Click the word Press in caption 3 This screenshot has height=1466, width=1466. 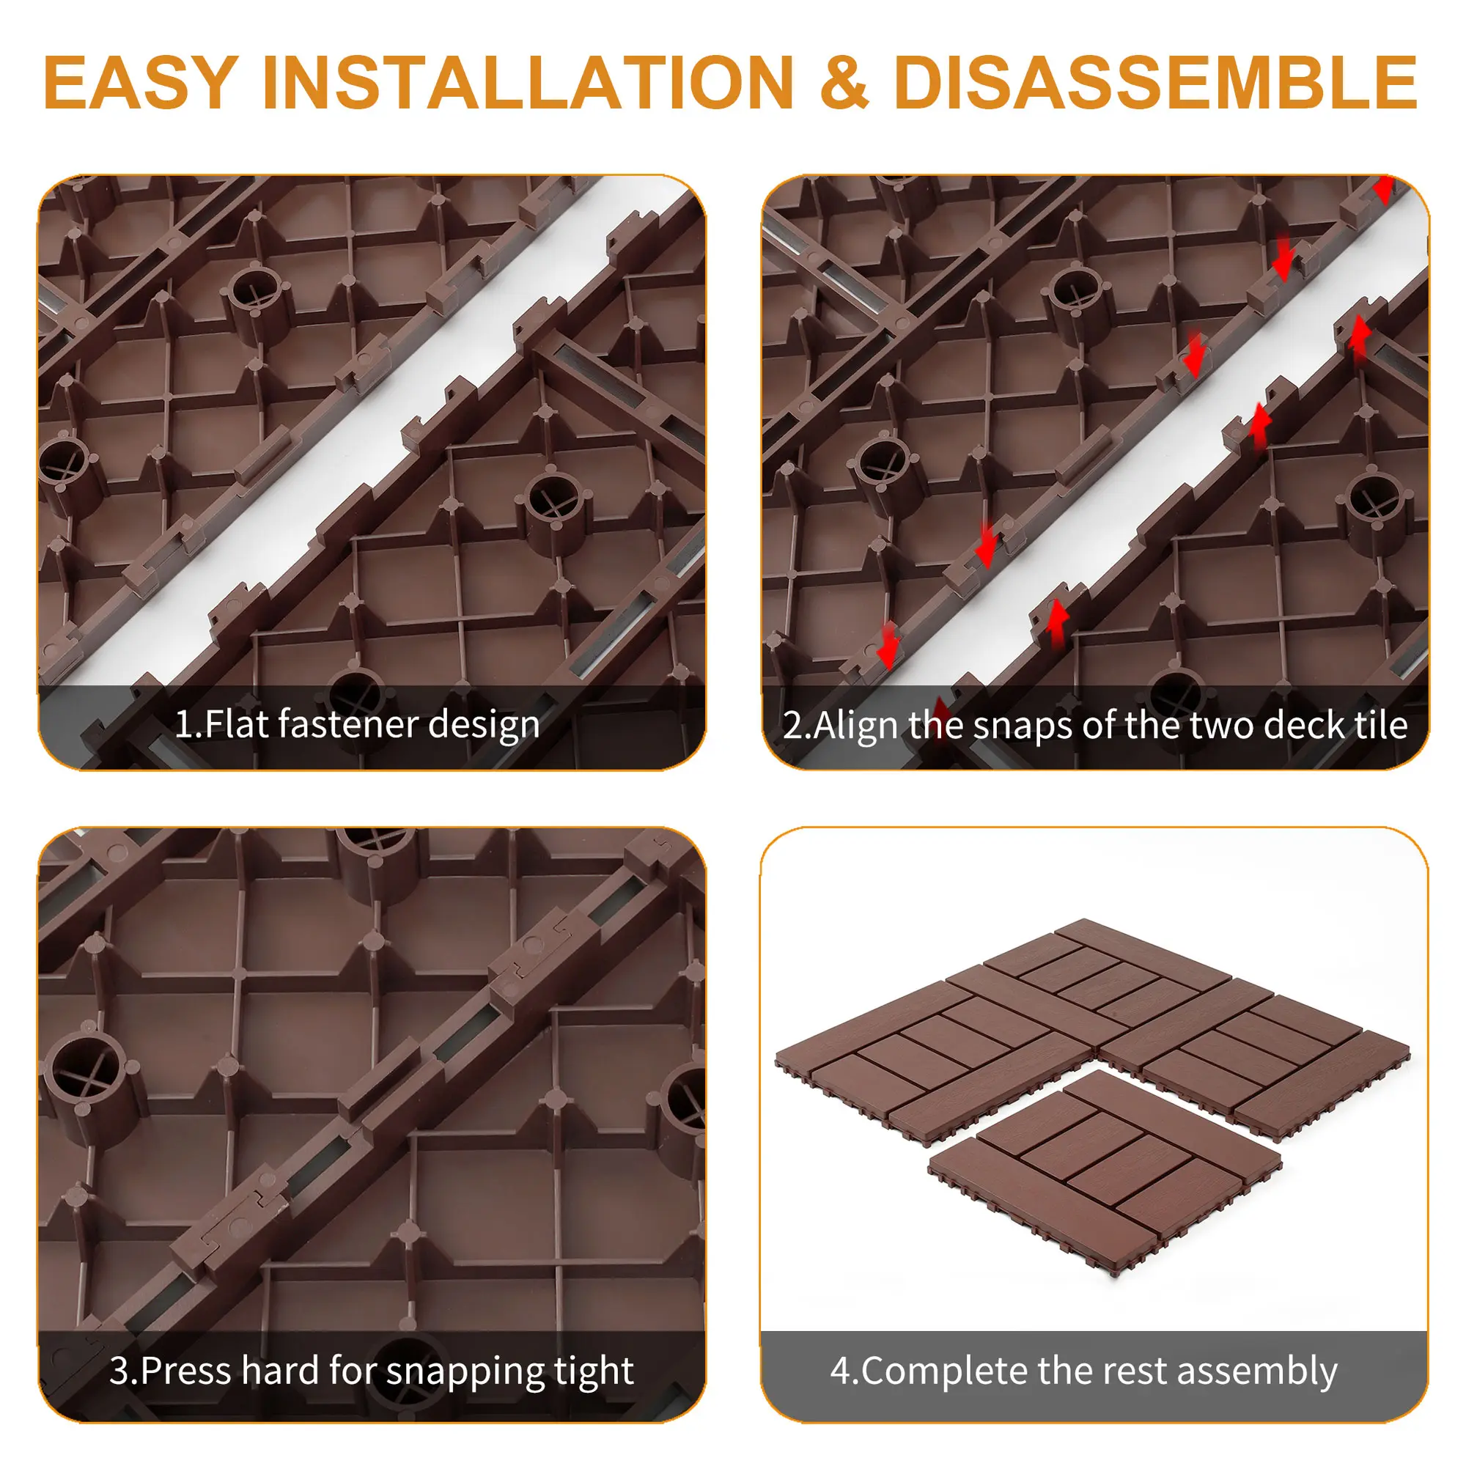point(186,1371)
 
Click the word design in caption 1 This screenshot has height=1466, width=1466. point(483,726)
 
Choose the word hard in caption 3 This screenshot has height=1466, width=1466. point(281,1371)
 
